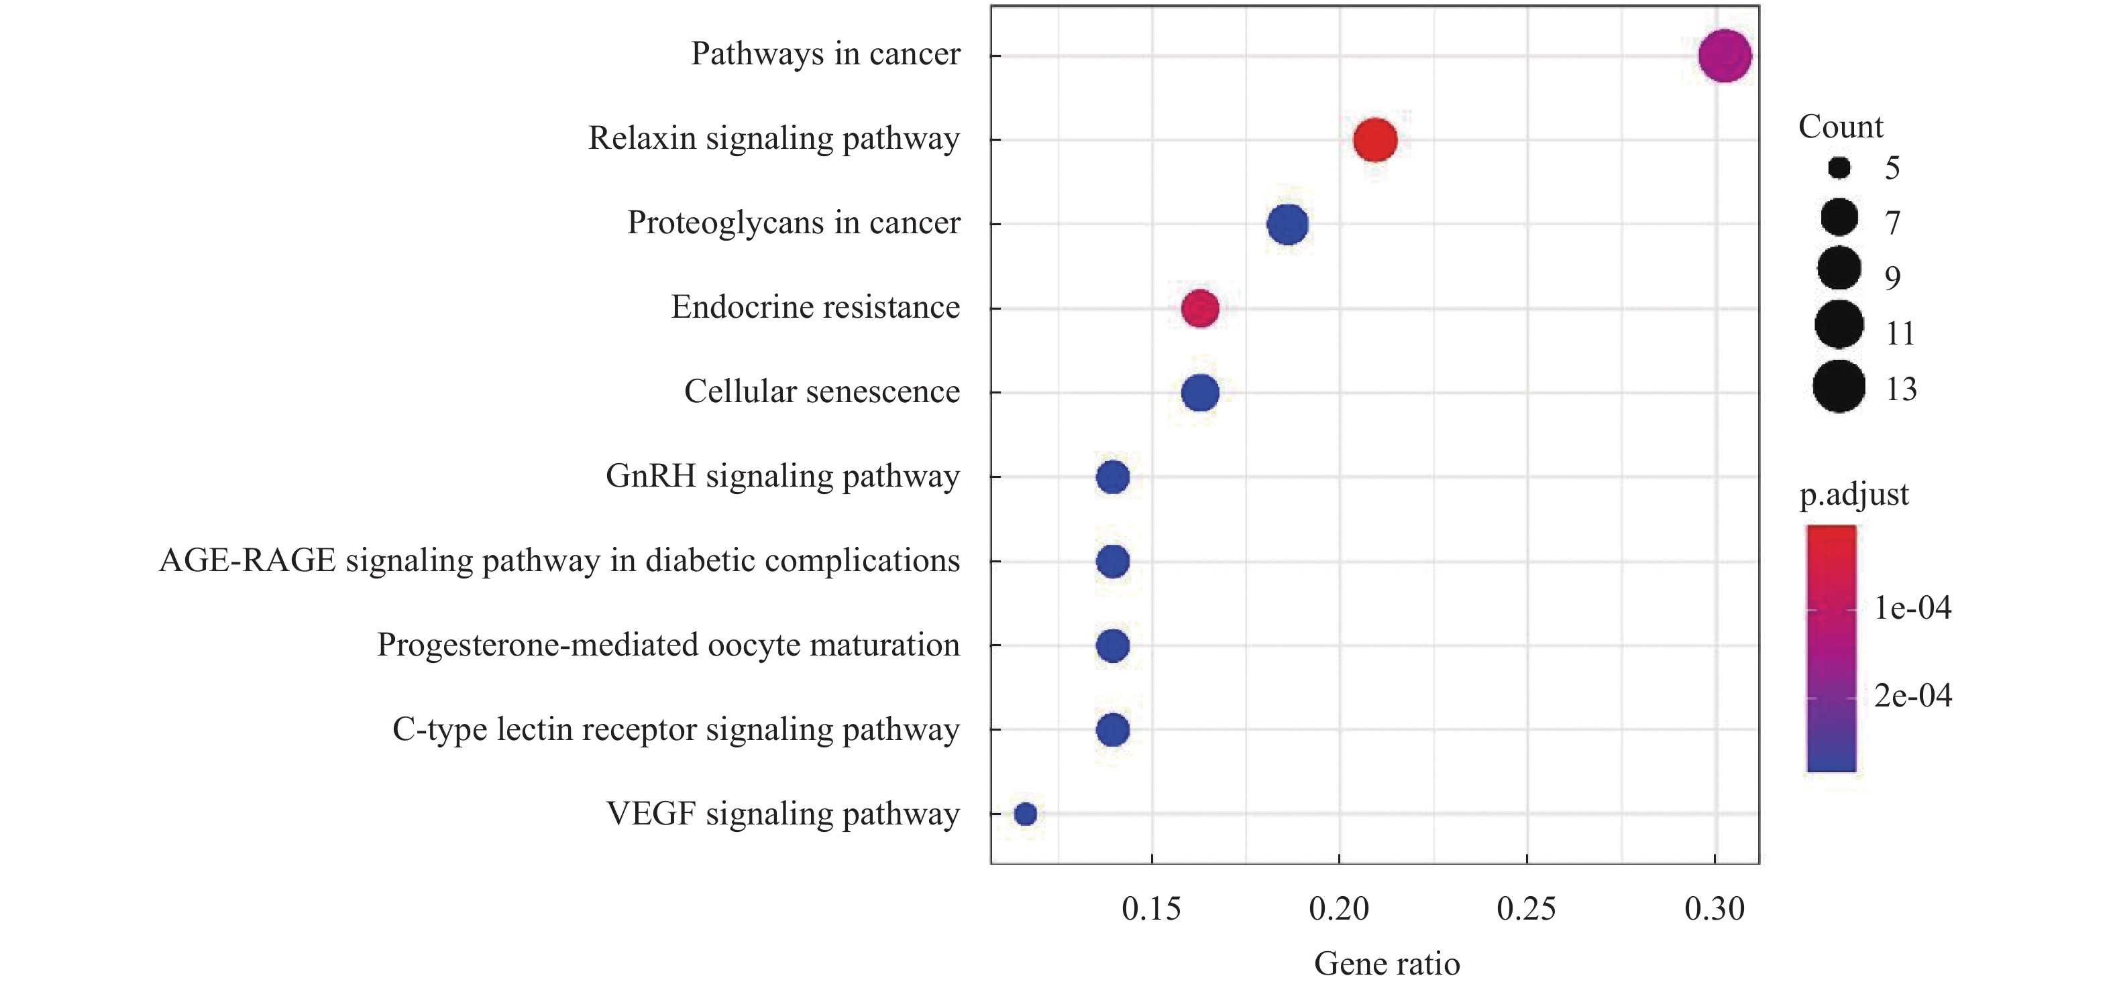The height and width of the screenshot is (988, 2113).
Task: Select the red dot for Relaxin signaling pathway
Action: click(1374, 139)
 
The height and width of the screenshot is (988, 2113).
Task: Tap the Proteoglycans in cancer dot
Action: click(1287, 224)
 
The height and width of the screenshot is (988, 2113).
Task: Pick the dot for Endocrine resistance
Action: click(1200, 308)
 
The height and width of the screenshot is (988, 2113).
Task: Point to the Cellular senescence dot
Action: click(1200, 393)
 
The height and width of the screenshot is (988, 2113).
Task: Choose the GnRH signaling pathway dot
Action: click(1112, 477)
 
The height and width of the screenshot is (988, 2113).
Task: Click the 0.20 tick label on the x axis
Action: click(1339, 908)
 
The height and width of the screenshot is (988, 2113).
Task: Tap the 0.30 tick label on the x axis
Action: click(1715, 908)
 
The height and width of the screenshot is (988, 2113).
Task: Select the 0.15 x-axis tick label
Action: click(1152, 908)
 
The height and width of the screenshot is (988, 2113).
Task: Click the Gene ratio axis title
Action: click(1387, 963)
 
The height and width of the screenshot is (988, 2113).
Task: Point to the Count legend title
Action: click(1841, 126)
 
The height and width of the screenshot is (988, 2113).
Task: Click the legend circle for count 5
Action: click(1839, 168)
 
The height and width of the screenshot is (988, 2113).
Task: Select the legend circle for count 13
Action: click(1839, 386)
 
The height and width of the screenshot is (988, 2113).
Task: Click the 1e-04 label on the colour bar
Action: click(1912, 607)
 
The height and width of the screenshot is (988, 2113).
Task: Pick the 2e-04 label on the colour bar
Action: click(1912, 695)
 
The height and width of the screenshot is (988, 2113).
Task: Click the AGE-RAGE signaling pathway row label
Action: click(559, 561)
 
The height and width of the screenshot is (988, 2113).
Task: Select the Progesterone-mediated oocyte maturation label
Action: click(667, 645)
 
